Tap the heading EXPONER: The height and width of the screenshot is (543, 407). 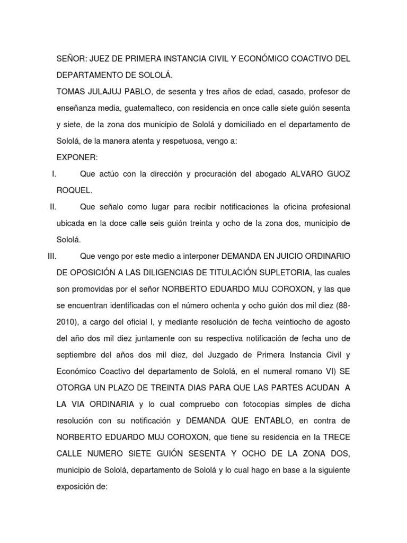[x=77, y=158]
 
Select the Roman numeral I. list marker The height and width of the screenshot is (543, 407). [x=54, y=173]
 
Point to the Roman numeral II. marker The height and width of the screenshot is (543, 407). [x=53, y=206]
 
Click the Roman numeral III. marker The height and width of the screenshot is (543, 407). [x=51, y=256]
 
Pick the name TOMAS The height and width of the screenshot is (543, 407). [x=71, y=91]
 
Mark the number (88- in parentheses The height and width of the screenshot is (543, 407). [x=340, y=305]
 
